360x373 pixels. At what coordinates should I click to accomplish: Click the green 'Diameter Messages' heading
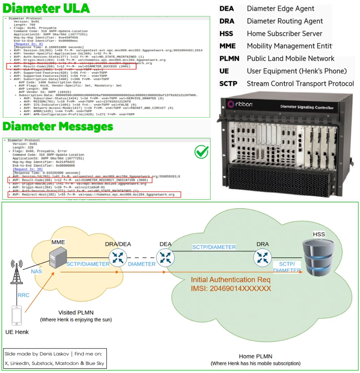[x=58, y=127]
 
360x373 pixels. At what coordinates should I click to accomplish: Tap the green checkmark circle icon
[x=201, y=151]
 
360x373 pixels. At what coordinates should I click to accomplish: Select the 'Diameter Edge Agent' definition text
[x=280, y=9]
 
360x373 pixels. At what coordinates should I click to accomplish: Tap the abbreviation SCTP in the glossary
[x=228, y=84]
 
